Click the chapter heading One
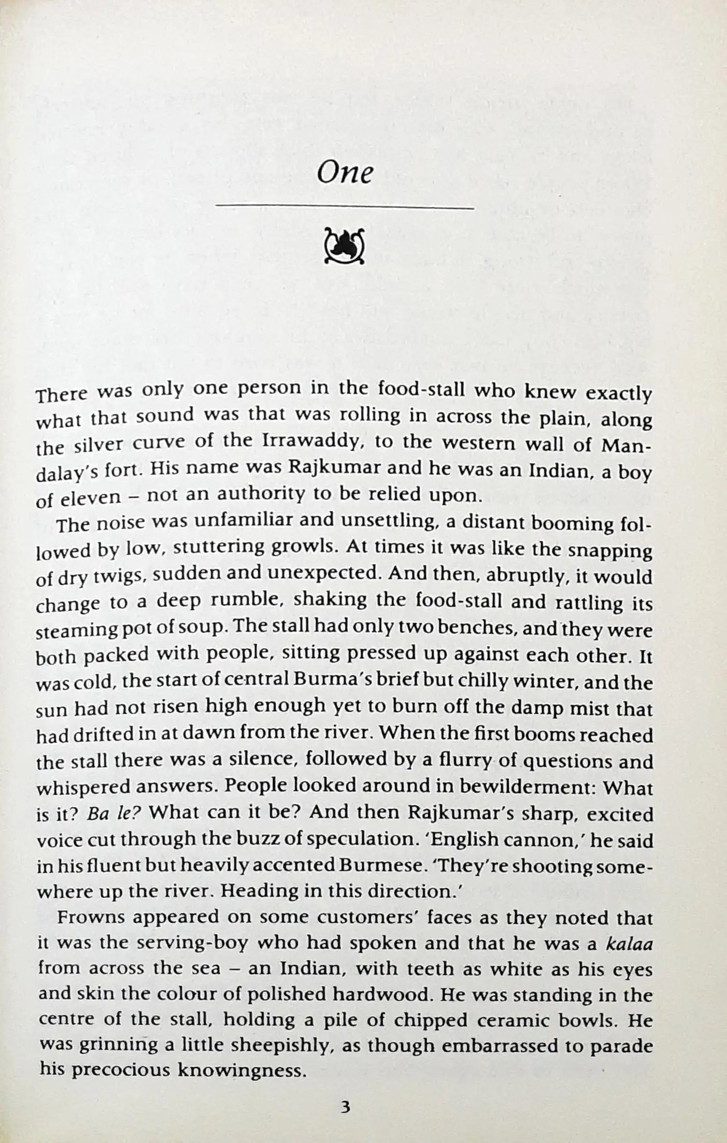coord(345,172)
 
